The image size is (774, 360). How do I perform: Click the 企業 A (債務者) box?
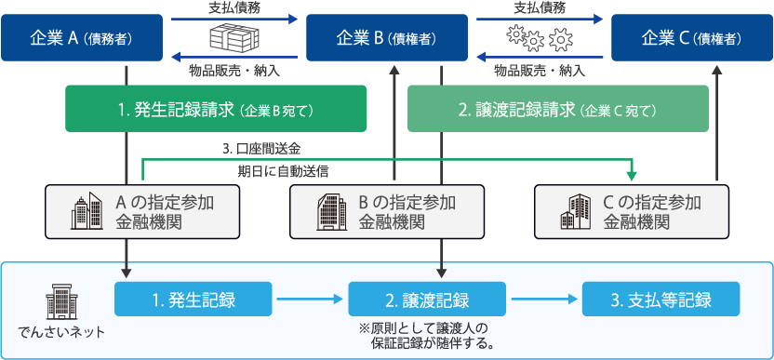click(x=80, y=38)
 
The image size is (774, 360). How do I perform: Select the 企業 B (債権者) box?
click(x=385, y=38)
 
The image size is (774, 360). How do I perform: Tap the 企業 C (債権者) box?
click(x=691, y=38)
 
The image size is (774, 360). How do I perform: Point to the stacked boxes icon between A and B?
click(x=232, y=39)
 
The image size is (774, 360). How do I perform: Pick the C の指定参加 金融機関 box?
click(x=631, y=211)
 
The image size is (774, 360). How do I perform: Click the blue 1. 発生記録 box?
click(x=193, y=300)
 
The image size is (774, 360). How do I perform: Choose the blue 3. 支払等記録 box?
click(x=661, y=300)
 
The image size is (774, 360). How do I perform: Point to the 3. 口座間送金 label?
click(x=260, y=148)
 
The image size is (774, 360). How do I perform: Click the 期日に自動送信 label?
click(x=283, y=171)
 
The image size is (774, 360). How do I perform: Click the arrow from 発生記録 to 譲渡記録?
click(x=310, y=300)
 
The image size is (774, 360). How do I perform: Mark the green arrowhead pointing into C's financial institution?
click(x=633, y=176)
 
